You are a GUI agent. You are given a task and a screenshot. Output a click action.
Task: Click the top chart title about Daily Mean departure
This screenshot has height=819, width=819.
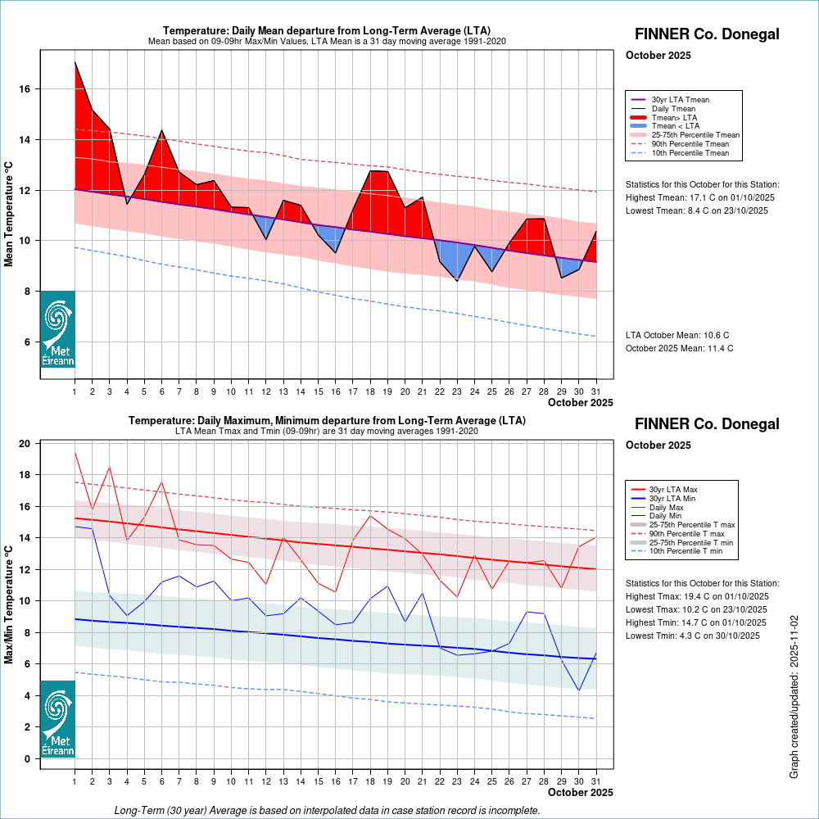[x=327, y=31]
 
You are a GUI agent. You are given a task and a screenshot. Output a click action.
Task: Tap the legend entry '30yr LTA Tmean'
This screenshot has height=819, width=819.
[x=680, y=100]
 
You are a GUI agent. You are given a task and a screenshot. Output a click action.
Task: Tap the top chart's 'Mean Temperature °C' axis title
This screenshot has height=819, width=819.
[x=10, y=214]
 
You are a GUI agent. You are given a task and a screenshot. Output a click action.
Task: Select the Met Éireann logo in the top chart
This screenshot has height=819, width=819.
[x=57, y=329]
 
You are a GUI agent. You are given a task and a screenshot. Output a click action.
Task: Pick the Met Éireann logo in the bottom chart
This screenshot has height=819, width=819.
[x=57, y=719]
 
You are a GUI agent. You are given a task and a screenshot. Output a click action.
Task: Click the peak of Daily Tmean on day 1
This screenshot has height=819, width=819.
[x=75, y=62]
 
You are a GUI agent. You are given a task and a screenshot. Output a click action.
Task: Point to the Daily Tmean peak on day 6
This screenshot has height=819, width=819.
[x=161, y=130]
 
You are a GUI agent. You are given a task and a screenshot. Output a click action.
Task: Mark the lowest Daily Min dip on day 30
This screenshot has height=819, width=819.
[x=579, y=690]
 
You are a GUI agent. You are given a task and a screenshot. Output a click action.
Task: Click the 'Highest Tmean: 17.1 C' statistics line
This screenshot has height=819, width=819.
[x=700, y=198]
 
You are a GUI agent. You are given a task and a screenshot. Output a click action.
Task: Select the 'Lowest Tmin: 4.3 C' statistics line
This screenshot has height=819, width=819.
[x=696, y=636]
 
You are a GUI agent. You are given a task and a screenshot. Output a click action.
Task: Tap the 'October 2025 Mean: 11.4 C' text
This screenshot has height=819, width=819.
[x=679, y=348]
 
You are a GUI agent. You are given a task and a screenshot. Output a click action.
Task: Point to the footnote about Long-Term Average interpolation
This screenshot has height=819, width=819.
[x=327, y=810]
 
